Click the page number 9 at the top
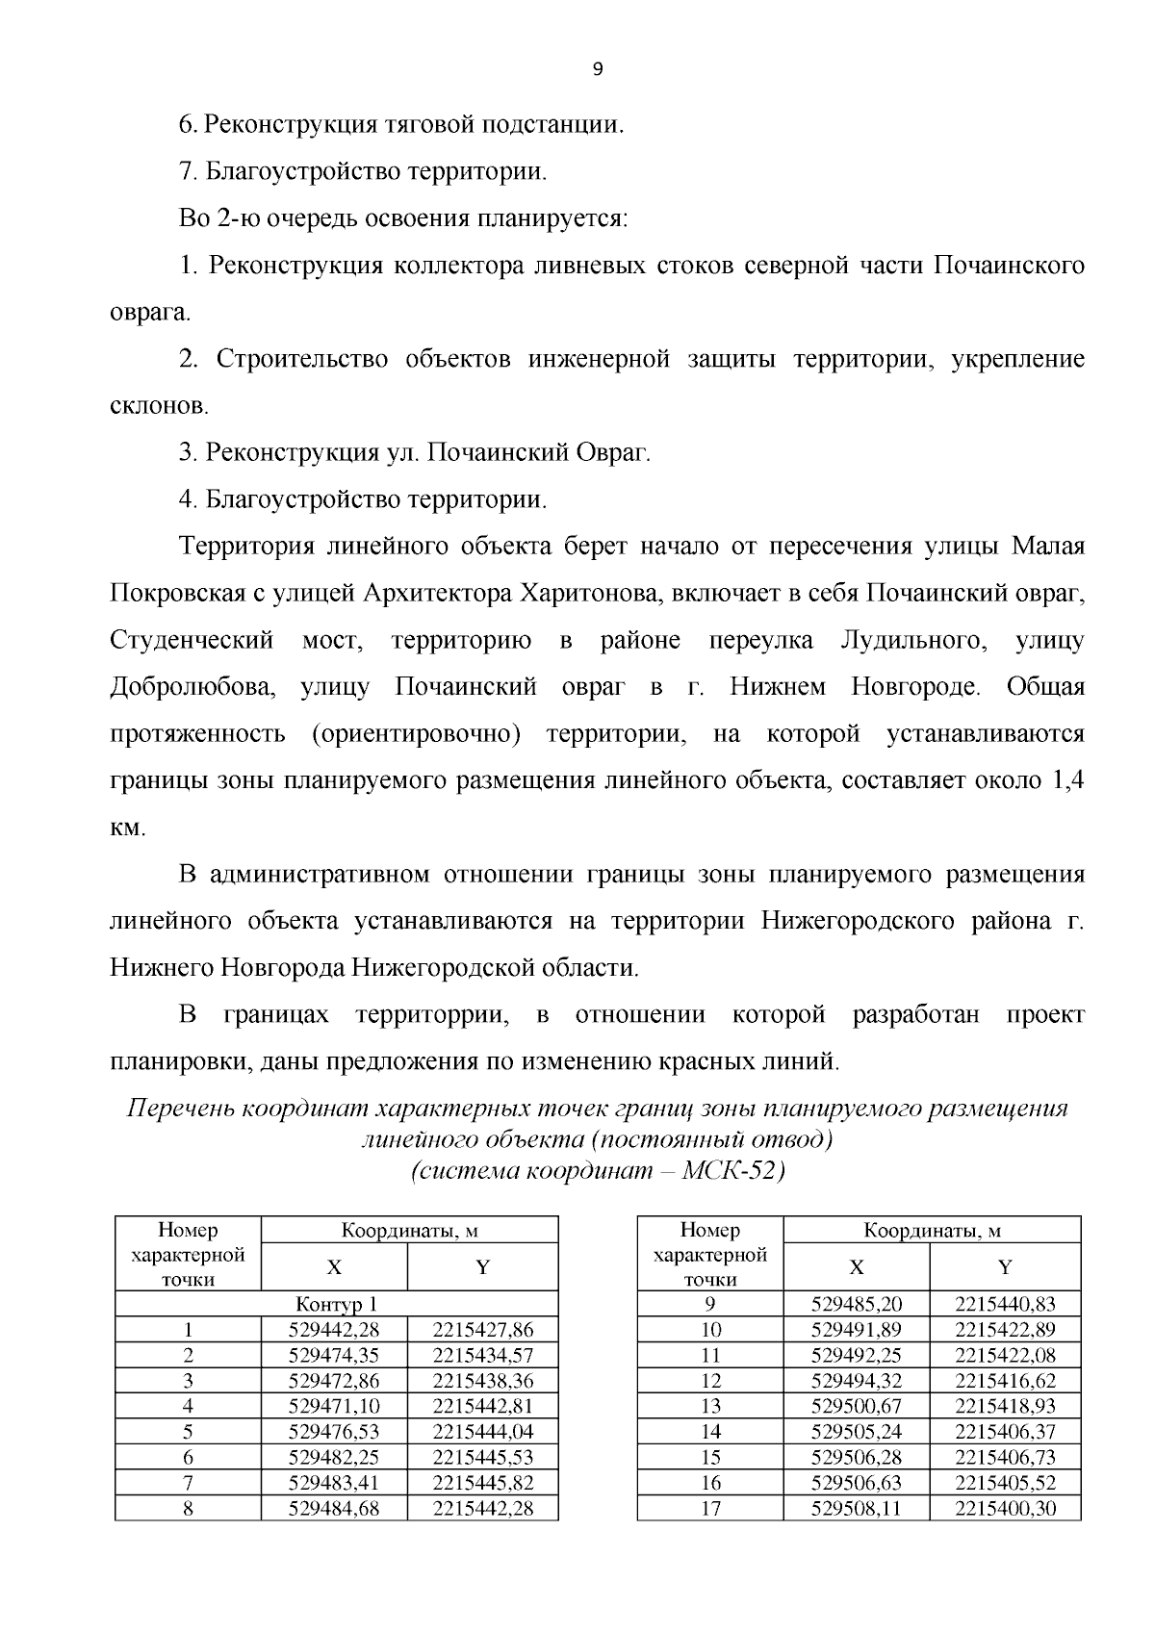(x=598, y=68)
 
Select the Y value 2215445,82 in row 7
(x=482, y=1483)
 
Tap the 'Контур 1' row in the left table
(x=336, y=1304)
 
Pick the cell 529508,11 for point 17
(x=856, y=1509)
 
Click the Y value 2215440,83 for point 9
(x=1005, y=1304)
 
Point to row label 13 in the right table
(x=709, y=1407)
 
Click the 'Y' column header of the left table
(x=482, y=1267)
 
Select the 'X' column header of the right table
(x=856, y=1267)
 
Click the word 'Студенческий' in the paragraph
(x=191, y=641)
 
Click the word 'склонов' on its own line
(x=157, y=407)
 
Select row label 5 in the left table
(x=189, y=1432)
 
